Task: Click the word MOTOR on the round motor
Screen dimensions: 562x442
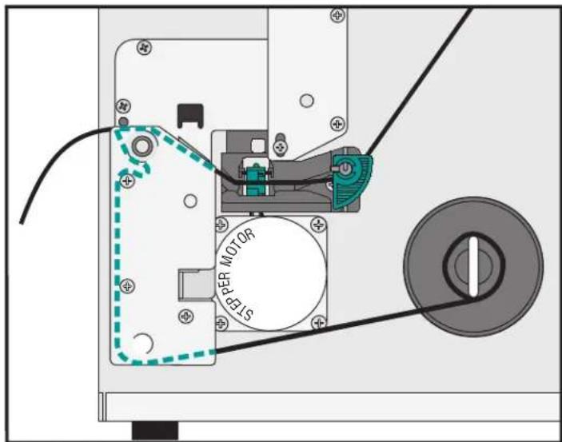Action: [239, 248]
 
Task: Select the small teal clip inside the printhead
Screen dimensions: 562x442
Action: [254, 178]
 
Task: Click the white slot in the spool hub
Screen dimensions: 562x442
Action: [473, 266]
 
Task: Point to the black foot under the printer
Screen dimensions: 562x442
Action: [155, 430]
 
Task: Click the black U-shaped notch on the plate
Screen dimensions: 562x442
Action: [190, 116]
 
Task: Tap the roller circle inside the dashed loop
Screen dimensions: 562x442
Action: [141, 146]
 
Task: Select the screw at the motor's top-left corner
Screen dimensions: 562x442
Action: [221, 225]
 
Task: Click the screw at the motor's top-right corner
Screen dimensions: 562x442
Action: [318, 225]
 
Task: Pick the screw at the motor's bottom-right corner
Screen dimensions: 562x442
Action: [318, 323]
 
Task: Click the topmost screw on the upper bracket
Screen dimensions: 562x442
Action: [337, 15]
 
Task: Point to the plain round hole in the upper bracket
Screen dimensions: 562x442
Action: [306, 101]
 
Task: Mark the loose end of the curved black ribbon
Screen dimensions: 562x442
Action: [22, 222]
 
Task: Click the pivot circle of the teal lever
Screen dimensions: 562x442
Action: [345, 169]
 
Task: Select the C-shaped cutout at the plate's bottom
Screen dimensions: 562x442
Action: [146, 344]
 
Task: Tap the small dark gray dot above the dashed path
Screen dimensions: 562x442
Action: [123, 121]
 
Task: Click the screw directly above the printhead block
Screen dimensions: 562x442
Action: [281, 146]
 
